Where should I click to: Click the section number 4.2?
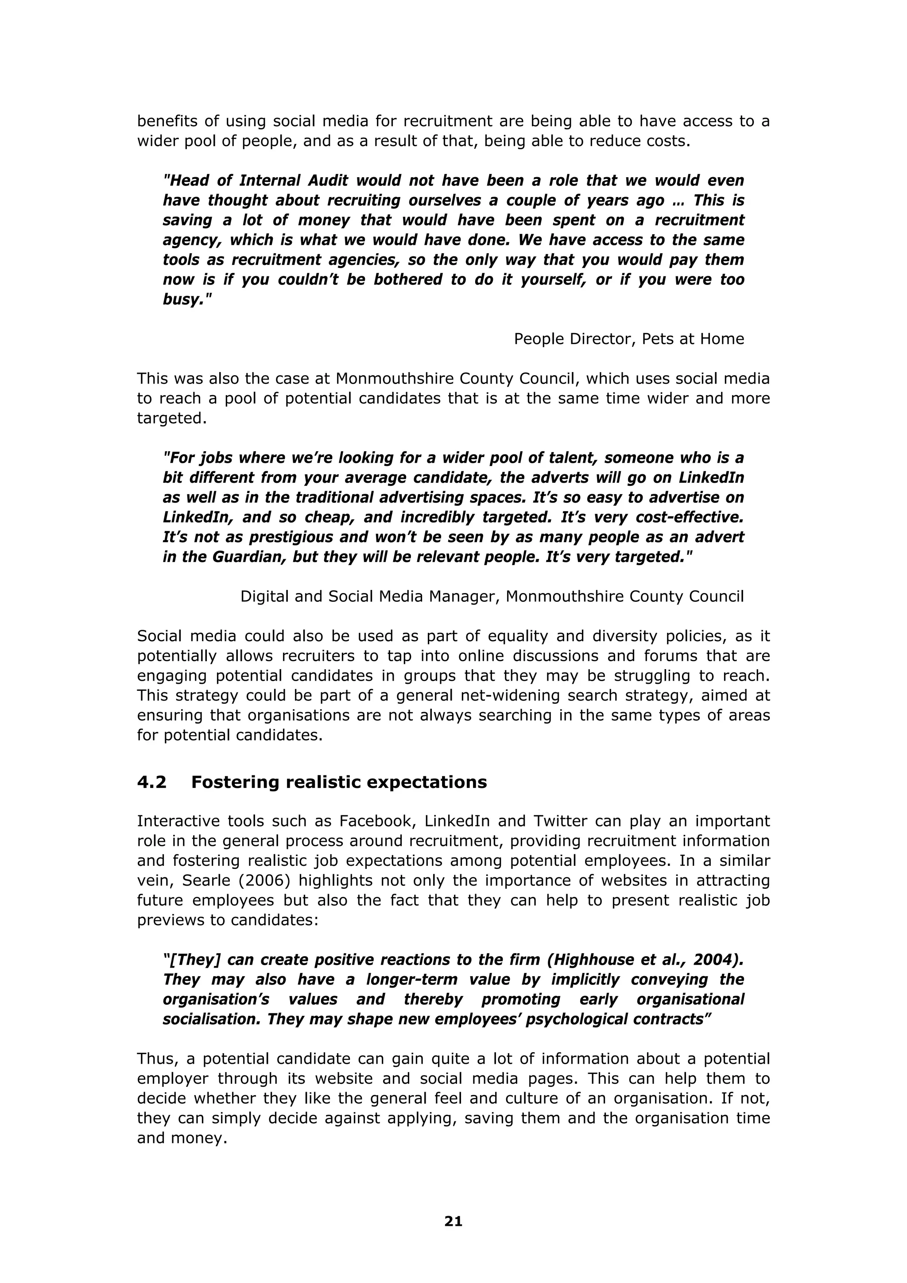click(x=151, y=782)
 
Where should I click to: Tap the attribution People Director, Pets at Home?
click(x=629, y=339)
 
